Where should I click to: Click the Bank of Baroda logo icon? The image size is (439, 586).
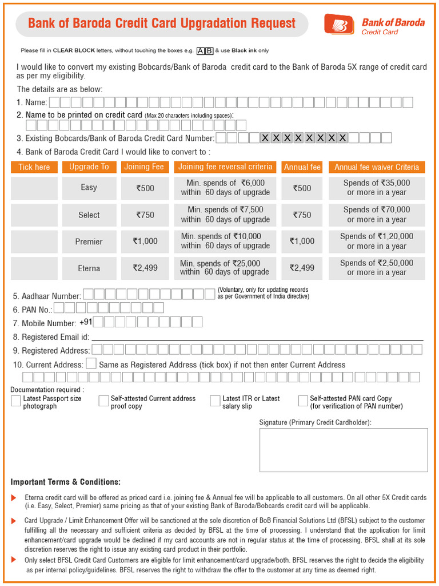(x=340, y=24)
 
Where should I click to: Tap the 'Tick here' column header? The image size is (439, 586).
(x=34, y=167)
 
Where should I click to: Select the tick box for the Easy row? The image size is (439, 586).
(x=34, y=188)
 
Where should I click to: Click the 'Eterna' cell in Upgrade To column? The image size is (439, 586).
(x=89, y=268)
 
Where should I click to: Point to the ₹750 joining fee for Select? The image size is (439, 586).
(x=145, y=215)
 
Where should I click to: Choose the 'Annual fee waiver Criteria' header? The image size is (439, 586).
(x=377, y=167)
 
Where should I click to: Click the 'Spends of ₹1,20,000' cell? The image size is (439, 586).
(x=377, y=241)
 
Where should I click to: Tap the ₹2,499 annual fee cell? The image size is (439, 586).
(x=302, y=268)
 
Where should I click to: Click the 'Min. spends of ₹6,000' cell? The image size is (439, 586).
(x=225, y=188)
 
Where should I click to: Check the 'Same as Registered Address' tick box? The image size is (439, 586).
(x=91, y=364)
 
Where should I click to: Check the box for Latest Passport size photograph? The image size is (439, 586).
(x=16, y=401)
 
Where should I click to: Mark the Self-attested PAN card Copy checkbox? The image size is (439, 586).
(x=303, y=401)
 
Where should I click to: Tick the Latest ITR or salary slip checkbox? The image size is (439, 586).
(x=215, y=401)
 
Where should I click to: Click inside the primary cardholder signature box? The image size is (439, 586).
(x=343, y=450)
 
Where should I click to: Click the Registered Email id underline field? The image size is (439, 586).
(x=257, y=338)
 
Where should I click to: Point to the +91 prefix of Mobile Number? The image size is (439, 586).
(x=86, y=322)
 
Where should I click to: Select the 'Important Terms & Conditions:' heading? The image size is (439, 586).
(x=66, y=482)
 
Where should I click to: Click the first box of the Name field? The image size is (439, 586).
(x=54, y=102)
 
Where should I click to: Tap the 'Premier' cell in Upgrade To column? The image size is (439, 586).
(x=89, y=241)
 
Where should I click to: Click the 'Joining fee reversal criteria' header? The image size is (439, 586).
(x=225, y=167)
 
